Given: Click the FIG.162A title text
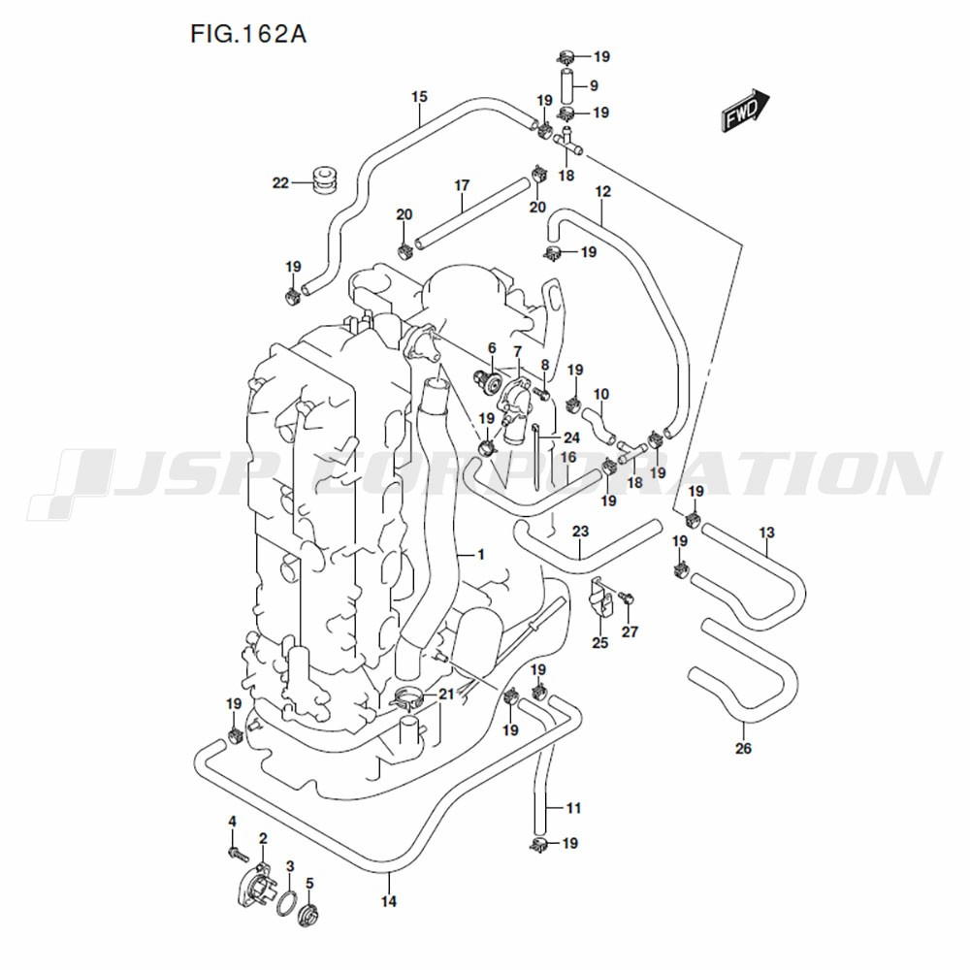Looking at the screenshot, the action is pos(248,34).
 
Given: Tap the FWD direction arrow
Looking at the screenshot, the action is pos(745,111).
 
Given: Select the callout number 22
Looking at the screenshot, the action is pos(281,183).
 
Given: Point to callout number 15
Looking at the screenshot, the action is pos(419,97).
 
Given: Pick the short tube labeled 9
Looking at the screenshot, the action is pos(568,87).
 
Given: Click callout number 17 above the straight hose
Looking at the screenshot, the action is pos(462,185).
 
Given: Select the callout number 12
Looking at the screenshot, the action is pos(603,192).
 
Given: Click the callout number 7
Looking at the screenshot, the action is pos(518,352).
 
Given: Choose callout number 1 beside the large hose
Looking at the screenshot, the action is pos(481,555).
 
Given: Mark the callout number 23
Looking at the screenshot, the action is pos(580,532).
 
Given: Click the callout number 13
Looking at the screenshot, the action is pos(766,533).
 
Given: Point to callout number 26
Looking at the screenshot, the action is pos(743,749).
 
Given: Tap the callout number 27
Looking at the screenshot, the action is pos(630,631).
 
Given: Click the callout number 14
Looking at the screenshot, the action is pos(389,901).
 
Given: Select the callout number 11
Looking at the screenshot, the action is pos(573,808).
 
